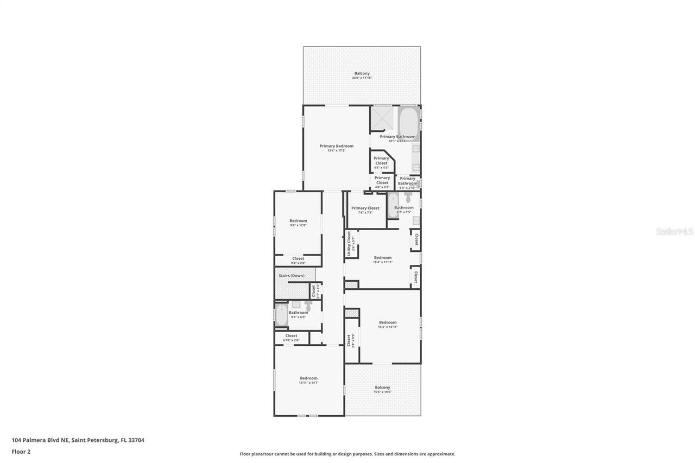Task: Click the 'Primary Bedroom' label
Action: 336,146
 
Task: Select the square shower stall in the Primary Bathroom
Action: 382,118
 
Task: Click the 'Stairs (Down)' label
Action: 292,276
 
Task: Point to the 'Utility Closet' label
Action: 349,244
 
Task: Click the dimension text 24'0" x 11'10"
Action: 362,78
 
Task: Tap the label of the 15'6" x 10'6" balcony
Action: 382,388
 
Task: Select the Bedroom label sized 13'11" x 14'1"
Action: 308,378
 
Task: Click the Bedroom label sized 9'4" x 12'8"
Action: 298,221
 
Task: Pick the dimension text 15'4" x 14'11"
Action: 388,327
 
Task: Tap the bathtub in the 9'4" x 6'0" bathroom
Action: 281,316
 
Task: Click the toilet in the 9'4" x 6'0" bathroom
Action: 308,307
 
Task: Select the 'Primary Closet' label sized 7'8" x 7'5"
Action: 365,208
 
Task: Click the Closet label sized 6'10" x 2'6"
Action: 291,336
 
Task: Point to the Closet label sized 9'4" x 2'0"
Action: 298,259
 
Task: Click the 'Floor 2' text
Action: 21,451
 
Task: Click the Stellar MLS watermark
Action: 674,232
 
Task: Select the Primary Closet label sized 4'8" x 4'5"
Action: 381,161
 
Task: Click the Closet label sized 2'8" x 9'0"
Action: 349,340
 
